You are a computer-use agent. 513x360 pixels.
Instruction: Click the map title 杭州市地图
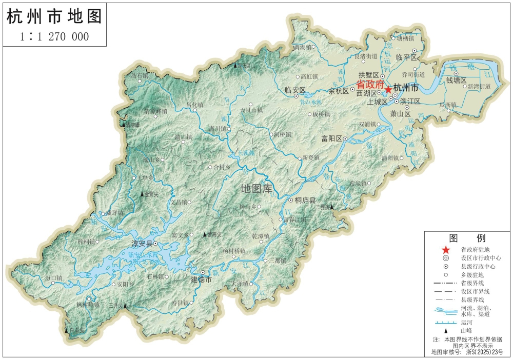click(54, 16)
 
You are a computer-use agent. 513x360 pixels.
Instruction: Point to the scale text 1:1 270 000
click(54, 36)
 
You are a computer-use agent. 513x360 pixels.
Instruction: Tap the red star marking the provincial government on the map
click(388, 89)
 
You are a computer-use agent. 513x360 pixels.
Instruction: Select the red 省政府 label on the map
click(370, 84)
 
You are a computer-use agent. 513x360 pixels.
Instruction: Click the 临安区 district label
click(295, 90)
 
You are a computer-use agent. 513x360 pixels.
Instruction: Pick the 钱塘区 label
click(456, 80)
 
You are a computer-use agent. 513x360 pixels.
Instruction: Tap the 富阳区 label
click(331, 138)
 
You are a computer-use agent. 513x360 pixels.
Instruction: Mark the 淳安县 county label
click(143, 244)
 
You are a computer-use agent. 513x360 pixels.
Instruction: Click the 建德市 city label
click(201, 279)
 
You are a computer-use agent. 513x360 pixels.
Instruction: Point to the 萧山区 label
click(400, 113)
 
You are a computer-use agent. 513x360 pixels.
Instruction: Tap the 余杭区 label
click(338, 91)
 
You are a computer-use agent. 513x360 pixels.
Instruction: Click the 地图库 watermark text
click(257, 188)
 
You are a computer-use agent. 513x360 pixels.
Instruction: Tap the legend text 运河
click(466, 322)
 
